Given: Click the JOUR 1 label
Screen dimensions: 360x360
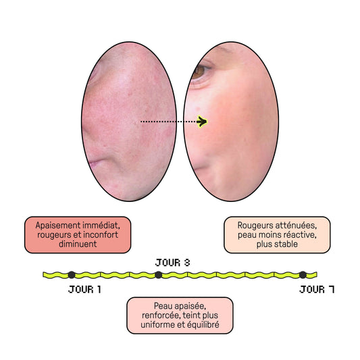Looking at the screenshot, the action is click(x=84, y=289).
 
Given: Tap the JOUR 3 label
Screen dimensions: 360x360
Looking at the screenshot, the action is click(x=173, y=263).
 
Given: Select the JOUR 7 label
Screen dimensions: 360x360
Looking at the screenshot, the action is click(x=317, y=289).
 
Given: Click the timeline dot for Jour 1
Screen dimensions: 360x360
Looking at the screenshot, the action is click(x=72, y=275).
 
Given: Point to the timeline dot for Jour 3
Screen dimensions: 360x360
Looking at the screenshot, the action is click(x=158, y=275).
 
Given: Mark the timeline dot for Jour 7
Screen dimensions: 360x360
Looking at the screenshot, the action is click(x=303, y=275).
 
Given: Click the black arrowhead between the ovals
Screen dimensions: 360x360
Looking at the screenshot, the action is click(x=202, y=122).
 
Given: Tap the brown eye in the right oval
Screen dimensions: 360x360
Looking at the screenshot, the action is click(x=198, y=72).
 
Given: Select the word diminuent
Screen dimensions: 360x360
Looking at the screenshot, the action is click(x=78, y=244).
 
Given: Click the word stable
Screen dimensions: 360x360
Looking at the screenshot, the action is click(x=286, y=244).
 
